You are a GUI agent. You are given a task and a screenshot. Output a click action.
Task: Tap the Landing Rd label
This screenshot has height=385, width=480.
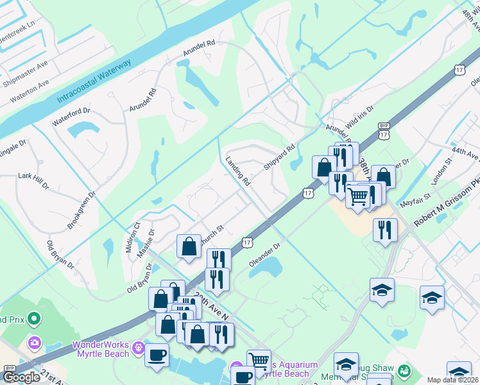[x=237, y=171]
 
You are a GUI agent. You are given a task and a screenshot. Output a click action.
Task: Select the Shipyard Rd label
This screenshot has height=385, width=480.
[x=279, y=157]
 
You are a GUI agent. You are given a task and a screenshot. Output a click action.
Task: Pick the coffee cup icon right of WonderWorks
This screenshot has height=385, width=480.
[x=157, y=355]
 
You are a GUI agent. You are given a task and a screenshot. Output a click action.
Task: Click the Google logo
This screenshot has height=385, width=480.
[x=21, y=377]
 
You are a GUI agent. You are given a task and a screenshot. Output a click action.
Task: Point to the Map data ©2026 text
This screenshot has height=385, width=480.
[x=452, y=380]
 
